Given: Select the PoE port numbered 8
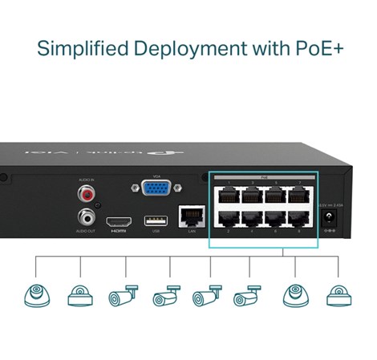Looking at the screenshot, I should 299,220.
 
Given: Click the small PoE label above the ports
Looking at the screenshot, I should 263,176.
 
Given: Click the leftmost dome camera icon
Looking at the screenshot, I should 37,294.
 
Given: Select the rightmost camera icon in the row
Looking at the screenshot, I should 337,294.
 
